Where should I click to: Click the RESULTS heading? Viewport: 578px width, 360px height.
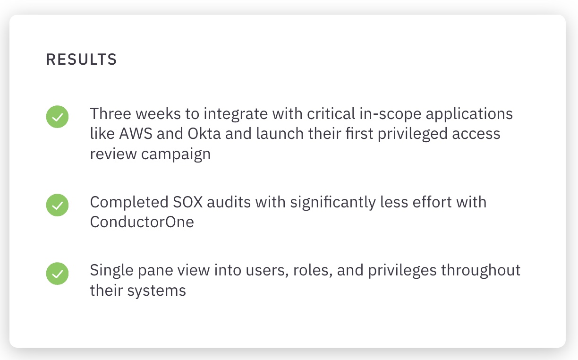pyautogui.click(x=81, y=60)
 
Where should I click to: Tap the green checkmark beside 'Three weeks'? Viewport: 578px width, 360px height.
pyautogui.click(x=57, y=117)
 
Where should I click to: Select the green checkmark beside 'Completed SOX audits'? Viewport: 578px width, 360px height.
pyautogui.click(x=57, y=205)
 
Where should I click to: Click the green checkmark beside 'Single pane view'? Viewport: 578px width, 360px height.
pyautogui.click(x=57, y=273)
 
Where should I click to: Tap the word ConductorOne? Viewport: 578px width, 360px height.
pyautogui.click(x=142, y=222)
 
